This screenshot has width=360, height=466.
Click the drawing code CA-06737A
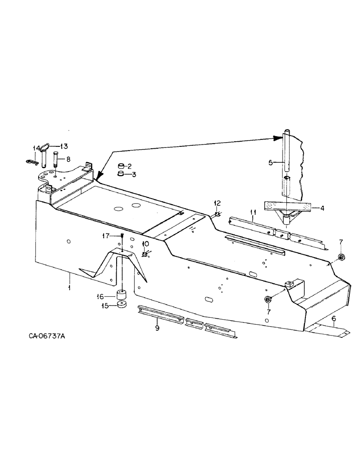[43, 349]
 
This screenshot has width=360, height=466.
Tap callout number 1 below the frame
[69, 288]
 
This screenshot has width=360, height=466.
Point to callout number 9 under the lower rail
[157, 328]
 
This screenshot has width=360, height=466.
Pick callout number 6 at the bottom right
[333, 318]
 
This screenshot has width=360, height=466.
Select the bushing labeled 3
[120, 174]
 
